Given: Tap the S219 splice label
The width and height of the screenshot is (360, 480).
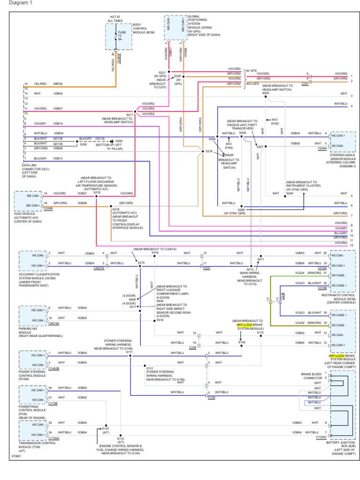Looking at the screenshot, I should tap(97, 192).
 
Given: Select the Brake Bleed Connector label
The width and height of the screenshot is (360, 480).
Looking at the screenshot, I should tap(312, 376).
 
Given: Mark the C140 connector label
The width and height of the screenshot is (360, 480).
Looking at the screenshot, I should tap(211, 397).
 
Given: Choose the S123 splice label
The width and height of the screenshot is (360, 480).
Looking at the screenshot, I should tap(105, 428).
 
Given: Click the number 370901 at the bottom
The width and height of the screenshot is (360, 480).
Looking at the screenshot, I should tap(17, 455).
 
